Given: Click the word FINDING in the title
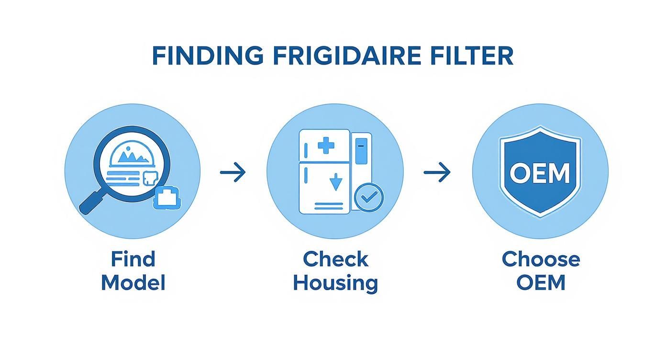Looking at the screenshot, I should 207,56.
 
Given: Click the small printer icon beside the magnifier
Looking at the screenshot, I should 167,198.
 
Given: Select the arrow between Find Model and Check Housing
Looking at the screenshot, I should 233,172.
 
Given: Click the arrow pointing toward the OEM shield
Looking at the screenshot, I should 437,172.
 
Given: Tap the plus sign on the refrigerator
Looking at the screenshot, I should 326,145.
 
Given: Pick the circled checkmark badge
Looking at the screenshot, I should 368,198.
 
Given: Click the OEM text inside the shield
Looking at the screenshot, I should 540,173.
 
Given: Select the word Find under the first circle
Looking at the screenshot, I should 133,259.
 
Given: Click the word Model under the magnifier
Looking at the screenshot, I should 133,282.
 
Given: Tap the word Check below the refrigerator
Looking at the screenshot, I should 335,259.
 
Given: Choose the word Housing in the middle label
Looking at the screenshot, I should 335,282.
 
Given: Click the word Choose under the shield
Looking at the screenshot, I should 541,259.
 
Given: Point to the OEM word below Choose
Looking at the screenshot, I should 541,282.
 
